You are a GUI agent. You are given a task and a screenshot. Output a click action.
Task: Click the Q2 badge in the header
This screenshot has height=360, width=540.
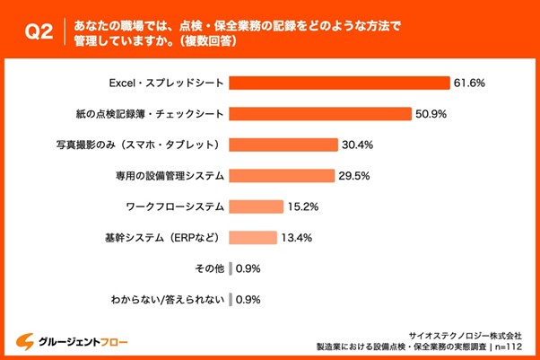37,33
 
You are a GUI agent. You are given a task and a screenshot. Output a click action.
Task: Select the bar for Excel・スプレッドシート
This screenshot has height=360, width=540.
339,83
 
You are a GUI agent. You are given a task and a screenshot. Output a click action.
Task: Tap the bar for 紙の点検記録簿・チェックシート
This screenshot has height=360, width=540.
316,114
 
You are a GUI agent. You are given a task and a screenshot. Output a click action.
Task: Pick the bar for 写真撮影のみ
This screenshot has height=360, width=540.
283,145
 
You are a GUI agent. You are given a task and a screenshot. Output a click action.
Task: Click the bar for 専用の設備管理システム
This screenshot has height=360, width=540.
281,176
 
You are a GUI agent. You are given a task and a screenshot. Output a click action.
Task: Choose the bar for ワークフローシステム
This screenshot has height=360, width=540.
256,206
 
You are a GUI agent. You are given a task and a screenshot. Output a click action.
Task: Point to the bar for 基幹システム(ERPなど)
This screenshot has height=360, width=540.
253,238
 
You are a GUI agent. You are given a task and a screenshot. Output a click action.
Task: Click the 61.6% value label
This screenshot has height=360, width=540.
470,83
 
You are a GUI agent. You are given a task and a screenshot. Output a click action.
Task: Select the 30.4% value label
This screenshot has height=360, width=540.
357,145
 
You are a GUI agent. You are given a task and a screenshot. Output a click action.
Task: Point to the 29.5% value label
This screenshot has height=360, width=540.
353,176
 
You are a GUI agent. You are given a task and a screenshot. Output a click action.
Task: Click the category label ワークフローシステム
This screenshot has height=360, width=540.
174,206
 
